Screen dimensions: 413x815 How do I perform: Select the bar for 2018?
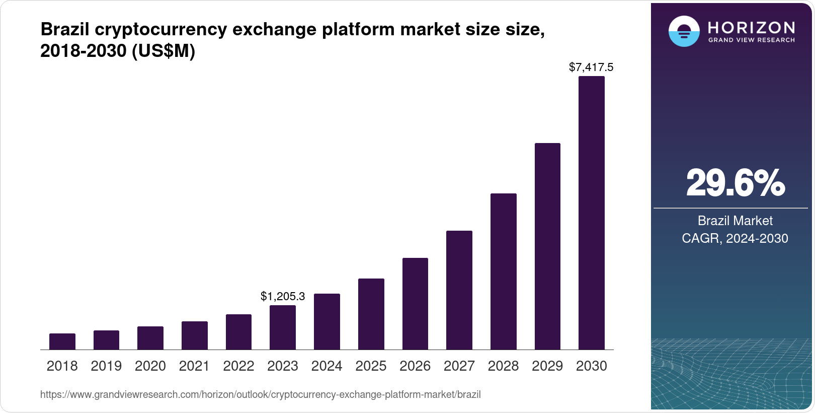click(x=62, y=341)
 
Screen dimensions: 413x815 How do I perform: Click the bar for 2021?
click(x=195, y=335)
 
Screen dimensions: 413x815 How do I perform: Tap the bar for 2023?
click(x=283, y=327)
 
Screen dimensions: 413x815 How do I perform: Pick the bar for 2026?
click(x=415, y=304)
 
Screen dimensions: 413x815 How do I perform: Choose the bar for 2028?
click(x=503, y=271)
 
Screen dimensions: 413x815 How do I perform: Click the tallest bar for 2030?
click(x=592, y=213)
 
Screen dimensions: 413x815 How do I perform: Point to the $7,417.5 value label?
click(x=591, y=67)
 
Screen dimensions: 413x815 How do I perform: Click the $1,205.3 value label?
click(x=283, y=296)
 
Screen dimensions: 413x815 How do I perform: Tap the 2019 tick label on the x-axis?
click(x=106, y=366)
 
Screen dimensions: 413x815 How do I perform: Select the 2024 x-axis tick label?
click(x=327, y=366)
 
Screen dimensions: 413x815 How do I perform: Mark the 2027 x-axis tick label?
click(x=459, y=366)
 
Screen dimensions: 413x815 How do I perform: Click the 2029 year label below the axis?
click(x=547, y=366)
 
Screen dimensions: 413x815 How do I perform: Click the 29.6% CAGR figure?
click(x=735, y=183)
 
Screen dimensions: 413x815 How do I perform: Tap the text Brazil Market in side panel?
click(x=735, y=221)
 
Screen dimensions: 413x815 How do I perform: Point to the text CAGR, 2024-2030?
click(x=735, y=238)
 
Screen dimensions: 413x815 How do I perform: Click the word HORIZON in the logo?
click(x=751, y=27)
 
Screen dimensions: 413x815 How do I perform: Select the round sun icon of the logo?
click(x=684, y=31)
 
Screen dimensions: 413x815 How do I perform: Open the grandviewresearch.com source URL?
click(x=260, y=394)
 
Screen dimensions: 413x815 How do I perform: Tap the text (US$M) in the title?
click(x=163, y=51)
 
